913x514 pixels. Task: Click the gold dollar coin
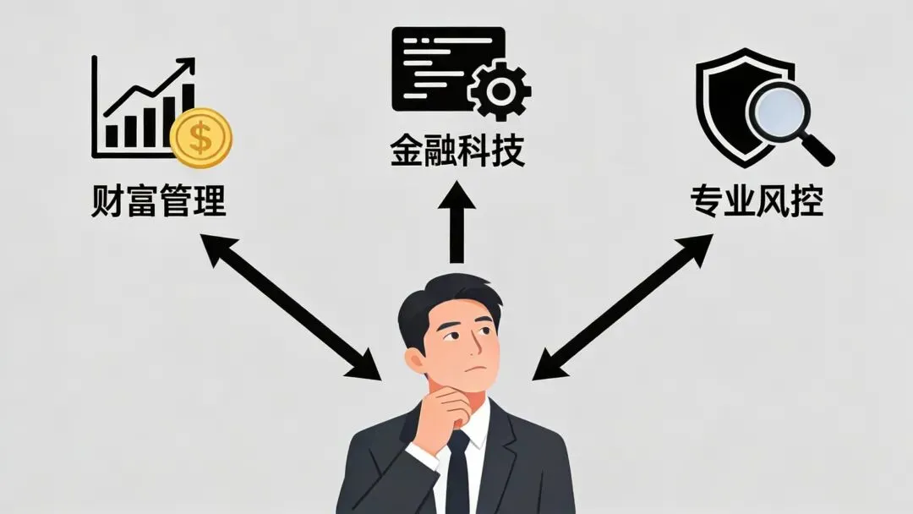coord(200,138)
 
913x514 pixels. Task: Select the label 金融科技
coord(457,150)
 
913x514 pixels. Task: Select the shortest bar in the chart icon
coord(112,136)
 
